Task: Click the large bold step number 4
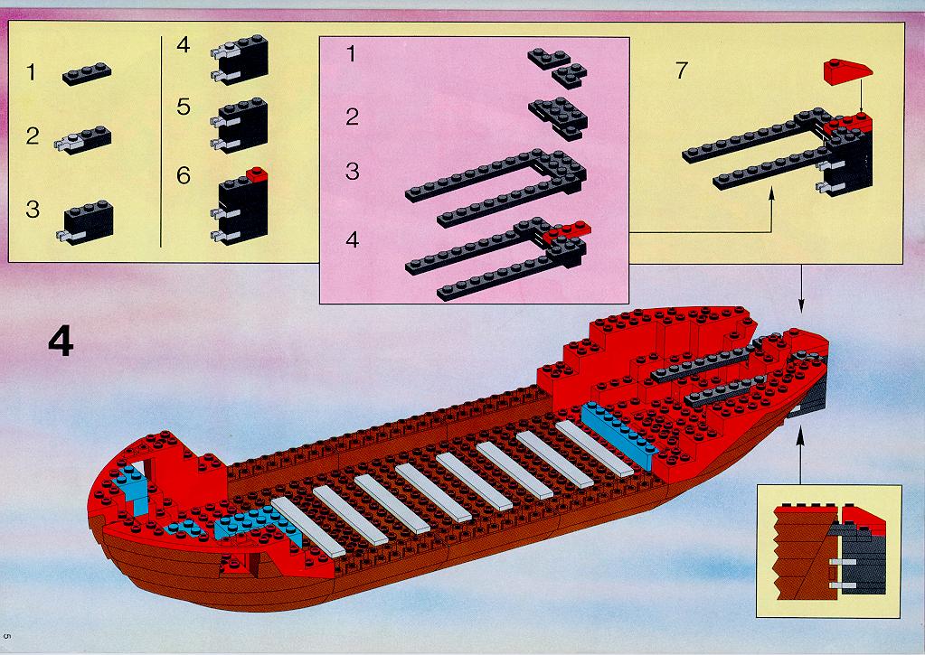[x=61, y=342]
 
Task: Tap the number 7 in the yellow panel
[x=682, y=70]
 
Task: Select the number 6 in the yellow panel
[x=184, y=175]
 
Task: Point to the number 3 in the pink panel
[x=352, y=171]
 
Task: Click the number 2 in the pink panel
[x=352, y=117]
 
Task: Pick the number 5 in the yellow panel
[x=184, y=107]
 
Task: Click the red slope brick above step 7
[x=848, y=71]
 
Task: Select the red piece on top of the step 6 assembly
[x=257, y=174]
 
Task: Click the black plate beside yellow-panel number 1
[x=87, y=74]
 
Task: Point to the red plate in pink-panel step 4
[x=566, y=231]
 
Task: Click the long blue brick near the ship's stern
[x=619, y=435]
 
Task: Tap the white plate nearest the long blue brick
[x=594, y=448]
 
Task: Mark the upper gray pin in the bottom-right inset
[x=843, y=563]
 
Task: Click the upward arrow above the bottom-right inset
[x=800, y=455]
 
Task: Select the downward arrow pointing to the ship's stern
[x=800, y=289]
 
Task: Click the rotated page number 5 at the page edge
[x=7, y=636]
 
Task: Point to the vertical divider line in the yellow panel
[x=160, y=142]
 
